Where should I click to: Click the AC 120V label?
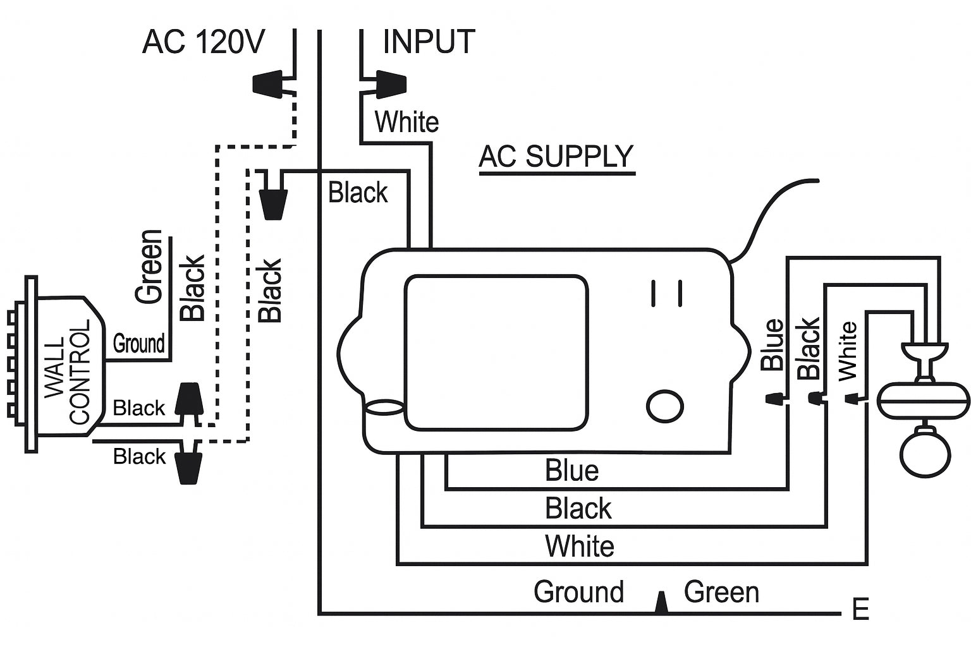click(203, 42)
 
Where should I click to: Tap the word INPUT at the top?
click(429, 42)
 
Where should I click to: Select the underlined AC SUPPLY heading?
click(556, 157)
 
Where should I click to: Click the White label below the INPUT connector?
click(406, 122)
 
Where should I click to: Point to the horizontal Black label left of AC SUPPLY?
click(358, 193)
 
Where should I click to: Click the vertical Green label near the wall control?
click(150, 266)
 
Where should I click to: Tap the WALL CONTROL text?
click(68, 372)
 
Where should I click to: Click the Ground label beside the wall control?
click(138, 344)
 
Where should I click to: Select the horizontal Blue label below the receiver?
click(571, 471)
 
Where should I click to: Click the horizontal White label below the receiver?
click(579, 547)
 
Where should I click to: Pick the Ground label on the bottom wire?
click(578, 592)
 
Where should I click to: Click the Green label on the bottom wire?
click(721, 592)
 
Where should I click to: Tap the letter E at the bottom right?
click(860, 610)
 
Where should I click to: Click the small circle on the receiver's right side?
click(665, 405)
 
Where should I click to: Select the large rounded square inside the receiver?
click(496, 353)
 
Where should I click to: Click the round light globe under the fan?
click(925, 452)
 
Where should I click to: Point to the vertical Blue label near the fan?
click(772, 344)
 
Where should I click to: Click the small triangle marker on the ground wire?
click(661, 602)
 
